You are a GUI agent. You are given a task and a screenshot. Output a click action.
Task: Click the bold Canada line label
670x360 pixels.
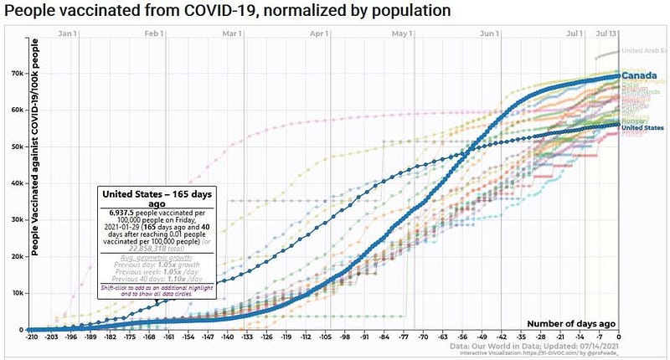point(640,76)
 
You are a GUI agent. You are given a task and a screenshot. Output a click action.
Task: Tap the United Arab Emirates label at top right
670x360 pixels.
point(644,50)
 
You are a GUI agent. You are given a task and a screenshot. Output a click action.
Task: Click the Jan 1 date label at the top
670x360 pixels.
point(70,34)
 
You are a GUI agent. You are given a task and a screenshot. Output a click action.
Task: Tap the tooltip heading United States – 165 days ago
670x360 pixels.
point(156,200)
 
